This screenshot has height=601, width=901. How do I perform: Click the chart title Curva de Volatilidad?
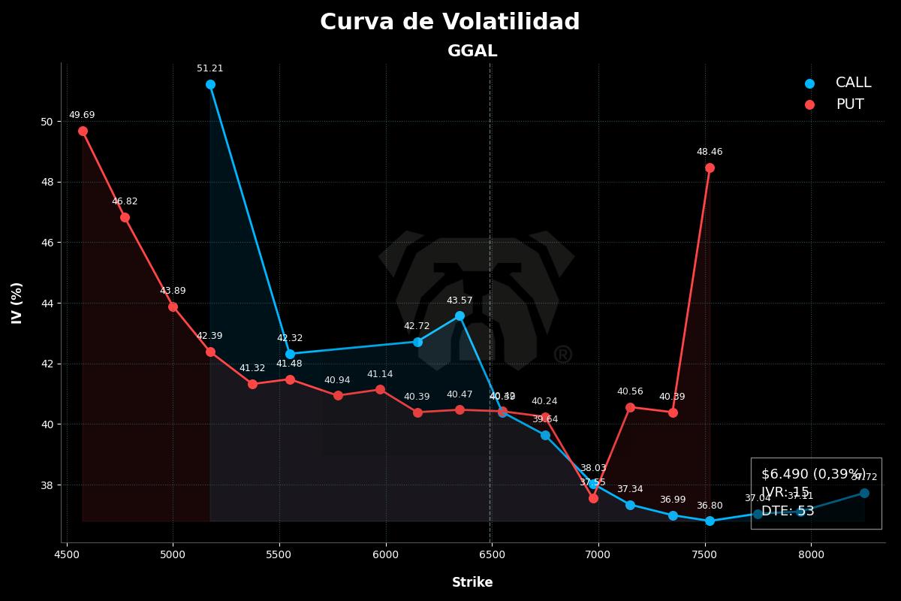click(450, 23)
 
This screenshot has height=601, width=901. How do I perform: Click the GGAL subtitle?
click(472, 51)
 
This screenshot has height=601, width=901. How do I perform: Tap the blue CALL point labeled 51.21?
click(210, 84)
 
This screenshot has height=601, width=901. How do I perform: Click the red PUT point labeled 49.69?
click(83, 131)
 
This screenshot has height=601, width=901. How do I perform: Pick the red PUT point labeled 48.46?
click(710, 168)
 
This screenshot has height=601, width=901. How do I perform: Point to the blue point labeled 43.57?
click(460, 316)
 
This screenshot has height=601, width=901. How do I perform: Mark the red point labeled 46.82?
click(125, 217)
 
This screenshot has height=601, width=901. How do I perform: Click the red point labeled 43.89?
click(173, 307)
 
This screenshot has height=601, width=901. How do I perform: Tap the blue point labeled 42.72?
click(417, 342)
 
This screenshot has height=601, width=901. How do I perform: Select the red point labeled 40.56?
click(630, 407)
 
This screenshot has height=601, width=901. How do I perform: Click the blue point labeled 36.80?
click(710, 521)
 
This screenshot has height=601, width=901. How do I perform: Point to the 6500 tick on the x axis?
click(492, 555)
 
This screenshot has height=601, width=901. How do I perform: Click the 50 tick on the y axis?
click(47, 122)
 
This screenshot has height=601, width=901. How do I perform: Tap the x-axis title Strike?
click(472, 582)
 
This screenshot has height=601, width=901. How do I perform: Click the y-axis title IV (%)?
click(17, 303)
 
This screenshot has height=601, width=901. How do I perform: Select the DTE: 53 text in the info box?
click(788, 511)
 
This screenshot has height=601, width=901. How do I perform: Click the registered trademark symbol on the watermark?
click(562, 355)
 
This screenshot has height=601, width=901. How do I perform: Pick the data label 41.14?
click(380, 374)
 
